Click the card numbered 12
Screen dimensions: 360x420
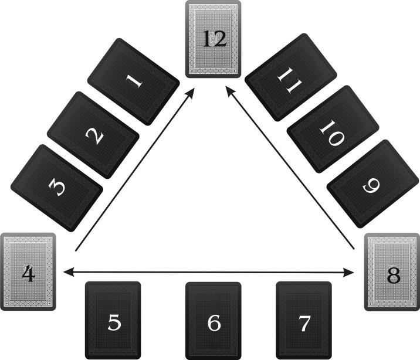(x=213, y=39)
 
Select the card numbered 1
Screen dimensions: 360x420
(x=134, y=81)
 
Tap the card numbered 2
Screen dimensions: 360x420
(x=93, y=135)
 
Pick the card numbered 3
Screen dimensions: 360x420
(x=57, y=188)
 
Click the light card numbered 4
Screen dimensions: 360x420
(x=28, y=271)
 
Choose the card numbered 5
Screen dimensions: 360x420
(x=113, y=321)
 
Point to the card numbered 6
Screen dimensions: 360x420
(x=214, y=321)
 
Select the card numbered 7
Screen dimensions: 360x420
(x=303, y=321)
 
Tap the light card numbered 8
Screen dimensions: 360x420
(x=392, y=272)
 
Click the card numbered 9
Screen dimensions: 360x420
(x=369, y=183)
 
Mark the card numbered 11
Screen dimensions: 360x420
(x=290, y=77)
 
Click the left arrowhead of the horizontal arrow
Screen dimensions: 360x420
(x=67, y=271)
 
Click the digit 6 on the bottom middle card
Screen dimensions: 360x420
(x=214, y=322)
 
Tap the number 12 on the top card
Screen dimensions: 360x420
(x=214, y=39)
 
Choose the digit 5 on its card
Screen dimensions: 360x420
(x=114, y=322)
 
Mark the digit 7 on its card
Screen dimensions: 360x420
(x=304, y=322)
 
